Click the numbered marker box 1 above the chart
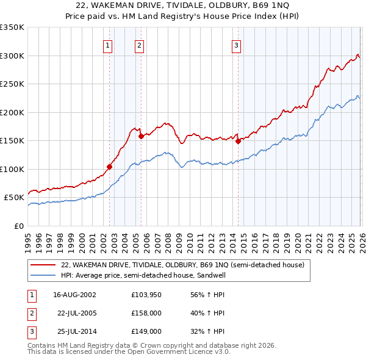pyautogui.click(x=108, y=45)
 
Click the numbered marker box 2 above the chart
pyautogui.click(x=140, y=45)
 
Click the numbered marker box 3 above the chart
pyautogui.click(x=236, y=45)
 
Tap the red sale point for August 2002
pyautogui.click(x=110, y=167)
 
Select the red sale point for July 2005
pyautogui.click(x=141, y=136)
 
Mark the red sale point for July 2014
pyautogui.click(x=239, y=141)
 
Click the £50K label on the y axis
pyautogui.click(x=15, y=198)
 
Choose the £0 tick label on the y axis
pyautogui.click(x=20, y=226)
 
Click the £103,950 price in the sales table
pyautogui.click(x=146, y=295)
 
